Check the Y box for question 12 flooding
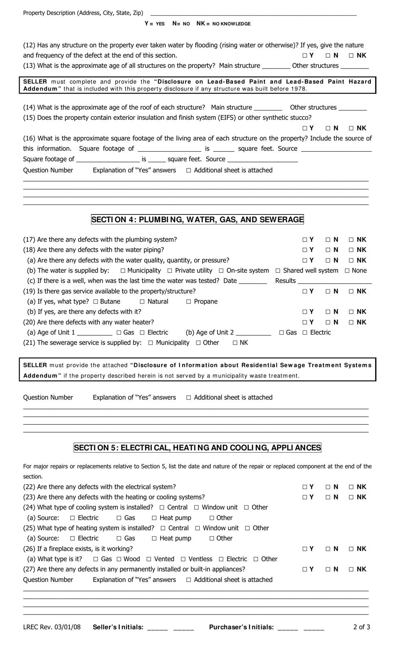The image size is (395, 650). (x=305, y=55)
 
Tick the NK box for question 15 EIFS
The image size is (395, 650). (x=351, y=128)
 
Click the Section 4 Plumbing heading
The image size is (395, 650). (x=197, y=219)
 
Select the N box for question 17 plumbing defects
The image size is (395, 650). (x=328, y=240)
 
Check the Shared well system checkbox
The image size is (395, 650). (x=278, y=271)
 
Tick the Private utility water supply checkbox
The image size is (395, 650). (x=170, y=271)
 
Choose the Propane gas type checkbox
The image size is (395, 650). (x=189, y=302)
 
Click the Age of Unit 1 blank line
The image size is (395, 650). (x=94, y=333)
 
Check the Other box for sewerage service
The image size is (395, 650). (x=198, y=343)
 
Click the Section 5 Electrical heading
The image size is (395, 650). (x=197, y=448)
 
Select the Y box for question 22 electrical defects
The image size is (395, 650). (x=305, y=487)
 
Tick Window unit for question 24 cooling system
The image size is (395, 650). (x=197, y=507)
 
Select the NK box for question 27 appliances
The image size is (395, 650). (x=351, y=569)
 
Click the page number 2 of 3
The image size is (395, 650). (x=361, y=627)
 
